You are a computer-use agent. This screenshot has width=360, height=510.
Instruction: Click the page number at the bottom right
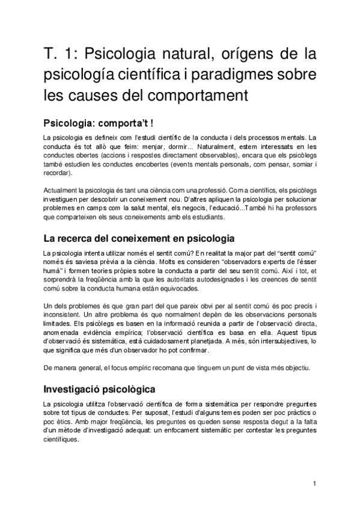tap(315, 483)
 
